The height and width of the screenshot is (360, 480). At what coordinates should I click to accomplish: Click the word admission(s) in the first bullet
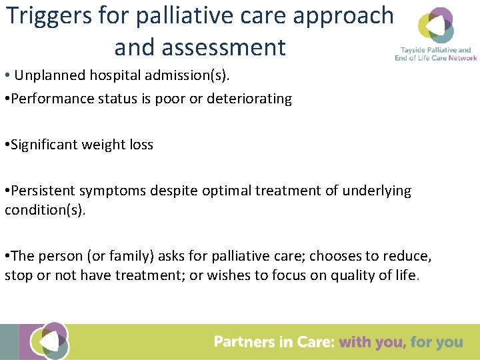(189, 75)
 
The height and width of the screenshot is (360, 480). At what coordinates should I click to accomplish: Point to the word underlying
(377, 191)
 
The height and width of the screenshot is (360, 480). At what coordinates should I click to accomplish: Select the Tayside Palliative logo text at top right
(435, 54)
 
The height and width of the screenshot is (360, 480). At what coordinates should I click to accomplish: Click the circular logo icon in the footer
(52, 341)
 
